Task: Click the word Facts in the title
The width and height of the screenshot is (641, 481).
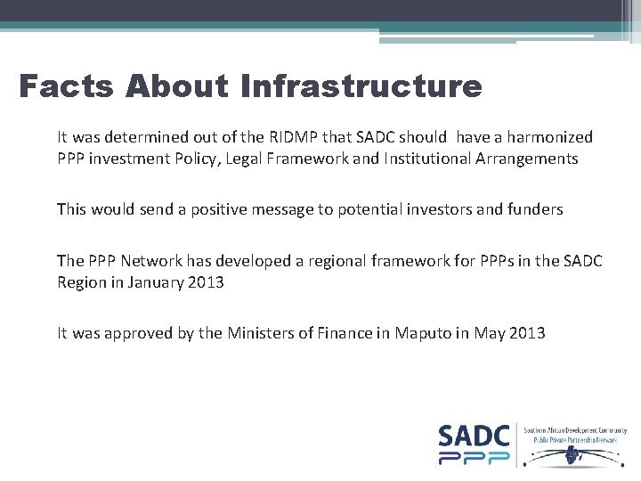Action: pyautogui.click(x=68, y=86)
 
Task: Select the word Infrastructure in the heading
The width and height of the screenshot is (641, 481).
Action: pyautogui.click(x=361, y=86)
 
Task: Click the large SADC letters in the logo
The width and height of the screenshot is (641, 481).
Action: pyautogui.click(x=474, y=436)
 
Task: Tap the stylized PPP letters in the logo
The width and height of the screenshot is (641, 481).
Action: pyautogui.click(x=474, y=458)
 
